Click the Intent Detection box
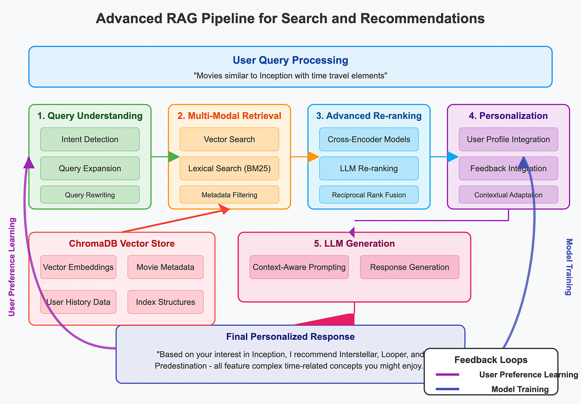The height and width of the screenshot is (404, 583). coord(90,139)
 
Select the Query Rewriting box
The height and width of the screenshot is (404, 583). coord(90,195)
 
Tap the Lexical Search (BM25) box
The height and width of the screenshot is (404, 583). coord(229,169)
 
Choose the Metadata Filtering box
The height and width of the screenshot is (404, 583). coord(229,195)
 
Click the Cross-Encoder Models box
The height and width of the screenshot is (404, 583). coord(369,139)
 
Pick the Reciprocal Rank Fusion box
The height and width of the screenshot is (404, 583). coord(369,195)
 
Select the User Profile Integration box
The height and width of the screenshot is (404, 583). coord(508,139)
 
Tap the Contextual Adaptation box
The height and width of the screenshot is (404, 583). coord(508,195)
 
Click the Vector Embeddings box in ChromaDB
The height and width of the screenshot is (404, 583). coord(78,267)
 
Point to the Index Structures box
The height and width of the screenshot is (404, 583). coord(165,302)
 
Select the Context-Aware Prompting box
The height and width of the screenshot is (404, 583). coord(299,267)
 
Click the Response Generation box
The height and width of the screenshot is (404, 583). coord(410,267)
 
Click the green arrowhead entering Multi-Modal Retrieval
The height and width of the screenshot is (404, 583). coord(173,157)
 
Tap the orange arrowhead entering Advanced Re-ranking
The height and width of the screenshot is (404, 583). coord(313,157)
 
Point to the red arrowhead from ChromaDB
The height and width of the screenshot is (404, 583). coord(224,208)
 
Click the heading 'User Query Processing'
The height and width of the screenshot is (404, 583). coord(290,60)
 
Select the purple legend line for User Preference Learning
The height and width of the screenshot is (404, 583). coord(447,375)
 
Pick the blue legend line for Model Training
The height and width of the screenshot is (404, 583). coord(447,389)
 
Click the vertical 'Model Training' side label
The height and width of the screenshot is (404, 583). coord(569,267)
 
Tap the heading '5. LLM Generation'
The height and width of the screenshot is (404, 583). coord(354,244)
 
